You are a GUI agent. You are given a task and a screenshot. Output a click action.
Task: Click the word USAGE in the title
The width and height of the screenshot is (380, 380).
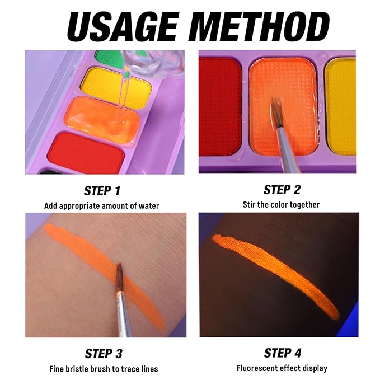pyautogui.click(x=123, y=27)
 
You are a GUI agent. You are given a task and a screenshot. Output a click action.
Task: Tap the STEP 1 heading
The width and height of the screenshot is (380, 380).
pyautogui.click(x=102, y=191)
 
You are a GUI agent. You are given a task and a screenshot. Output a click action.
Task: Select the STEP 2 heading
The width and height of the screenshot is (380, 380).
pyautogui.click(x=282, y=190)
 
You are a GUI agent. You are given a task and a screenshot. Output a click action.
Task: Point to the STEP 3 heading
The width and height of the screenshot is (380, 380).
pyautogui.click(x=104, y=354)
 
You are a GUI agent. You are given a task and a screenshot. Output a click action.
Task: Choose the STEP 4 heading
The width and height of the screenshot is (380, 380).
pyautogui.click(x=283, y=353)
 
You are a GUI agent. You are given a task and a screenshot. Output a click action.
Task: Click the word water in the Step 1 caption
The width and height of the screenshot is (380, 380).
pyautogui.click(x=149, y=206)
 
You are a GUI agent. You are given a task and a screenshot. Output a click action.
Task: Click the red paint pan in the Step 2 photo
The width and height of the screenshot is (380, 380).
pyautogui.click(x=220, y=106)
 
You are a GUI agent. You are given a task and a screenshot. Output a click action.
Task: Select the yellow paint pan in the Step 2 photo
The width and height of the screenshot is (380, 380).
pyautogui.click(x=340, y=106)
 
